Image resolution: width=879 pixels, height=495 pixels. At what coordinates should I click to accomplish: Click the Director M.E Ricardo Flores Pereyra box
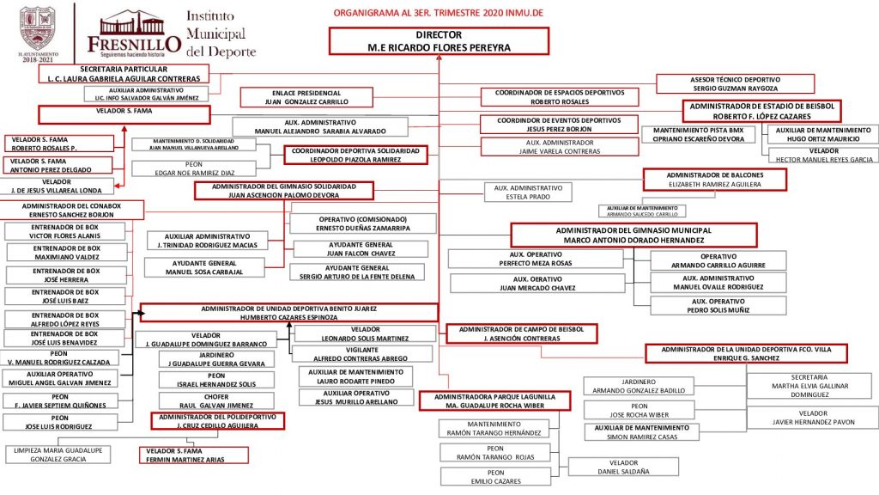pos(438,41)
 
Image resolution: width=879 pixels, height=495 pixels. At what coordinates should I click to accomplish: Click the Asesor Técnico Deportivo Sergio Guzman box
pos(735,83)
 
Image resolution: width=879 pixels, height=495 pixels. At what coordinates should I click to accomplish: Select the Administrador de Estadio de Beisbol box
pos(761,110)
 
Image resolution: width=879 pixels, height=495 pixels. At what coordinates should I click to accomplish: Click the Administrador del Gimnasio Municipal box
pos(633,235)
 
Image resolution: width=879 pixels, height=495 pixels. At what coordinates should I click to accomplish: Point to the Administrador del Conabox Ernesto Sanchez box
pos(71,210)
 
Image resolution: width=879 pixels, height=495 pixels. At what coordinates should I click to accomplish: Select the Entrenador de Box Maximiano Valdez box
pos(67,253)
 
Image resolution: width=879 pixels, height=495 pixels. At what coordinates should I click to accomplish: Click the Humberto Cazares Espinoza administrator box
pos(288,312)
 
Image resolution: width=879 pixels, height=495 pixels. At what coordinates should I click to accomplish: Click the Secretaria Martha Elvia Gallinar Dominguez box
pos(809,386)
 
